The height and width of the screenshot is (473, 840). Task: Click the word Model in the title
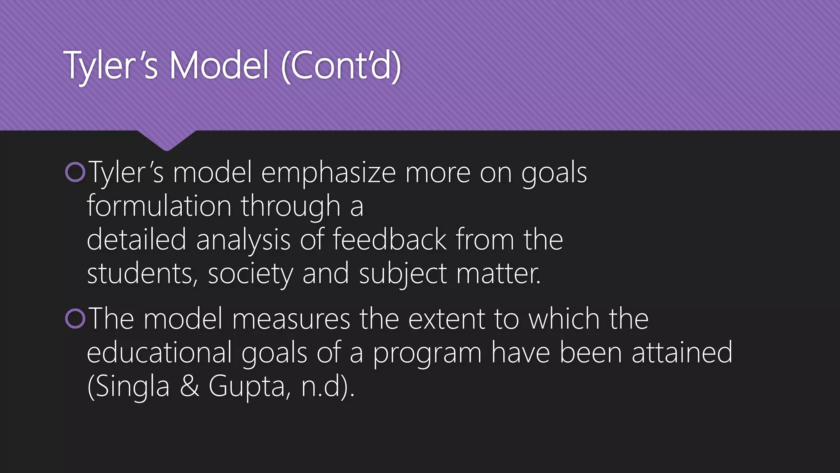[x=219, y=66]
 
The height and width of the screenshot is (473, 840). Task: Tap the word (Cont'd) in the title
[x=341, y=66]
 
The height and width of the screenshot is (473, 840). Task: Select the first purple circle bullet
[x=75, y=172]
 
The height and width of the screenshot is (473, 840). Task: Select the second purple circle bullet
[x=75, y=319]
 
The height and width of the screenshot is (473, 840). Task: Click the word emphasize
[x=328, y=173]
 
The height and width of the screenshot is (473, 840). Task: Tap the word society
[x=250, y=274]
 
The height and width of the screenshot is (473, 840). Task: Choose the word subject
[x=403, y=274]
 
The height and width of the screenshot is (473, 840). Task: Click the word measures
[x=291, y=319]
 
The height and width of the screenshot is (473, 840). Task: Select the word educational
[x=160, y=353]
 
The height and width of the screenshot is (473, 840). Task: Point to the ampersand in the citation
[x=189, y=386]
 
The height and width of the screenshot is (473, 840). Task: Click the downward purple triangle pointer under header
[x=166, y=140]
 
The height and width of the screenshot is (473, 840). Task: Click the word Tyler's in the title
[x=111, y=66]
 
